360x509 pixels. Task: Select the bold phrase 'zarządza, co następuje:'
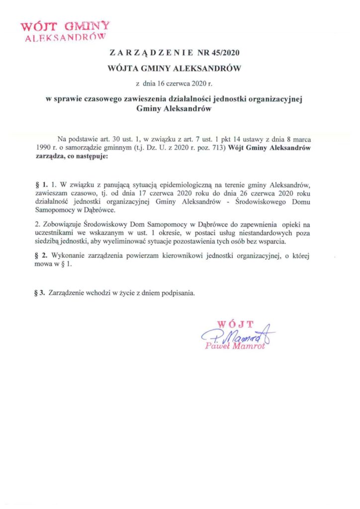71,156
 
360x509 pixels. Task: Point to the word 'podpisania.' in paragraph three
180,293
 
